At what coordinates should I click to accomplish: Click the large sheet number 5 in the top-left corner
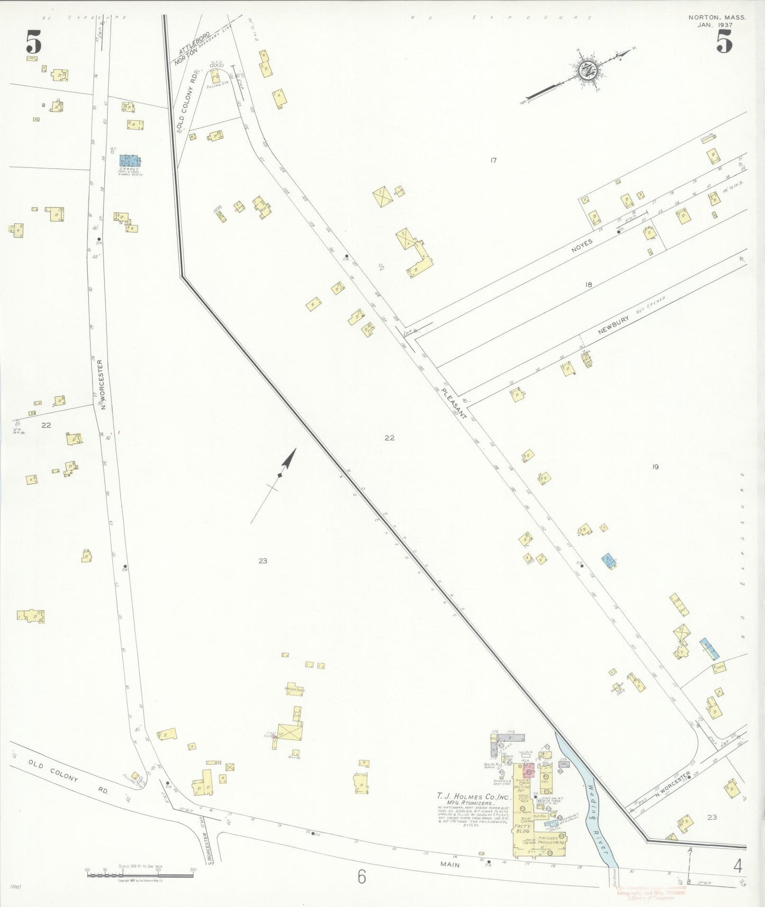click(x=33, y=43)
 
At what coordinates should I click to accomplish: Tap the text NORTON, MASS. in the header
click(x=717, y=17)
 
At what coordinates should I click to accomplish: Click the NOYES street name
click(x=582, y=244)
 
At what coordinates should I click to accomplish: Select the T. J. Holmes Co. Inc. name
click(x=473, y=796)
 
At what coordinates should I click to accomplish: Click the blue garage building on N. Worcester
click(x=130, y=160)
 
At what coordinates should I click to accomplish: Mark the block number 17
click(x=493, y=160)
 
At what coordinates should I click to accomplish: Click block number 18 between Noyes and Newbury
click(x=588, y=285)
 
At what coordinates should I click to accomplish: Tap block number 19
click(x=655, y=467)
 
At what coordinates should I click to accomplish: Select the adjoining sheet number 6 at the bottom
click(x=362, y=877)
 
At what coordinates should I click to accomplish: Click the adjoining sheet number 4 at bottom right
click(x=737, y=866)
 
